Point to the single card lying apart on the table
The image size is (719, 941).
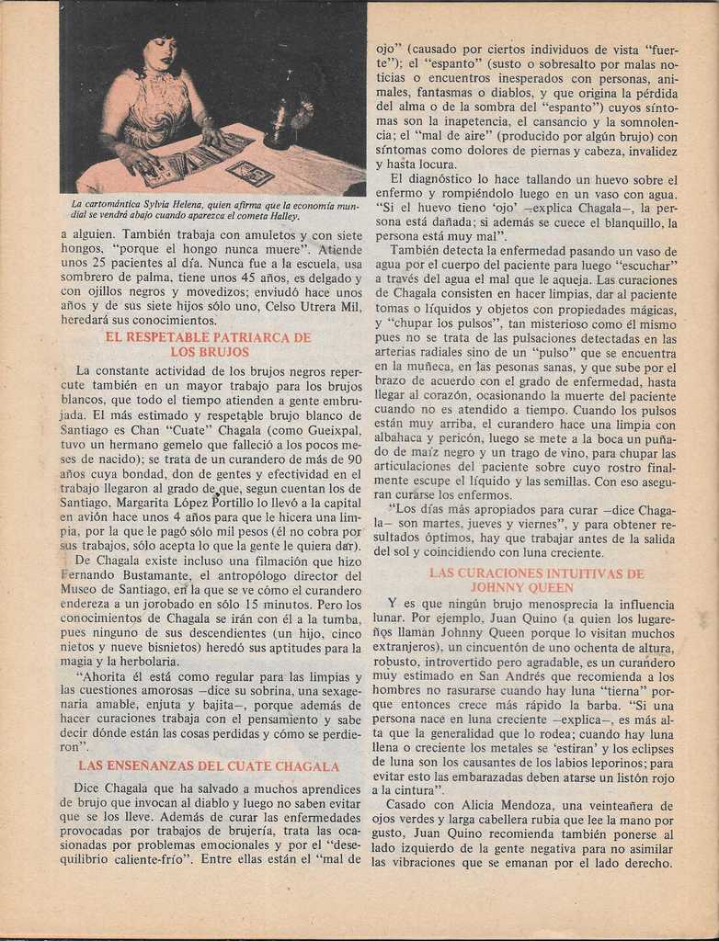coord(249,172)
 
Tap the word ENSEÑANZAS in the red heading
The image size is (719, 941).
coord(151,765)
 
